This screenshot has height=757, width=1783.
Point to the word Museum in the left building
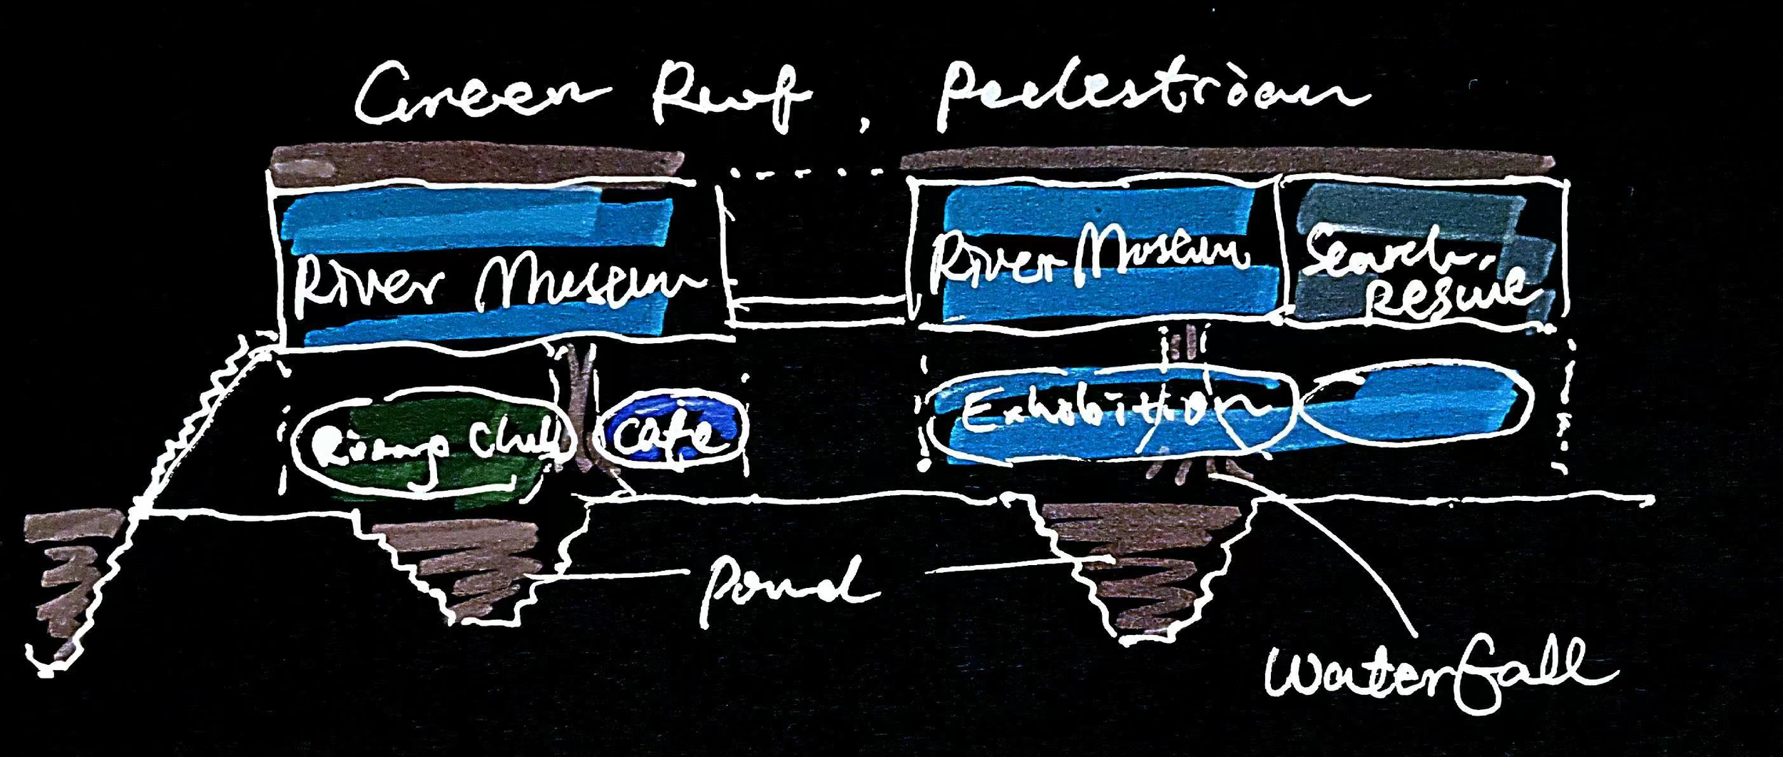(x=585, y=282)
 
